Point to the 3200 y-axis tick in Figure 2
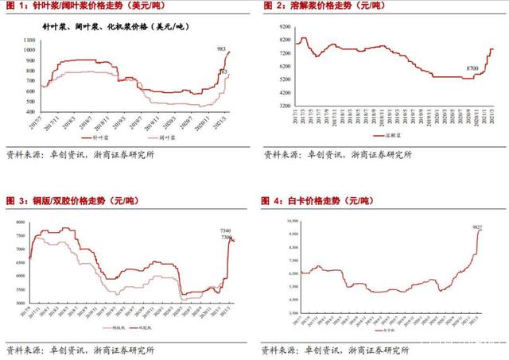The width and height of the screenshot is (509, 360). [x=280, y=105]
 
